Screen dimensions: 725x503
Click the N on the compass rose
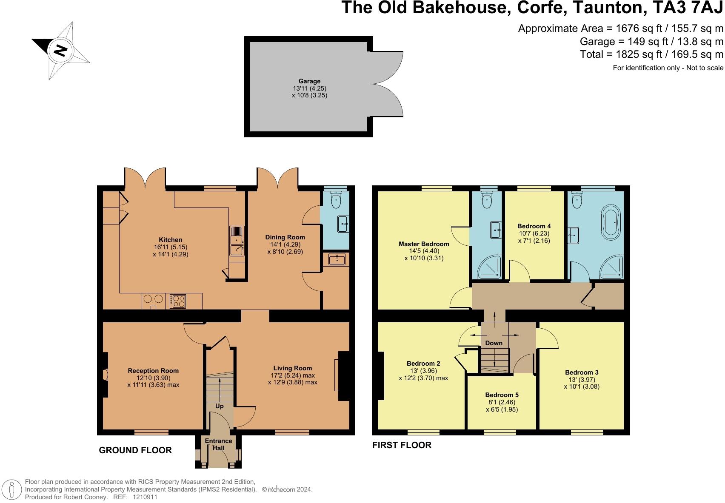(x=60, y=51)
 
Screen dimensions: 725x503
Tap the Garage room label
(x=309, y=81)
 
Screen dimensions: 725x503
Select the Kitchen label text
(x=170, y=240)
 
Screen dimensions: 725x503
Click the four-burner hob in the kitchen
(x=178, y=301)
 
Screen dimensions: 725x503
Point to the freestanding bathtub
(x=611, y=222)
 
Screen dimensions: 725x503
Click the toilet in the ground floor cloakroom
(x=336, y=199)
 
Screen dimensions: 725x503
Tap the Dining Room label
(x=285, y=237)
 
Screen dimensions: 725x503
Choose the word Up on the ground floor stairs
(x=220, y=406)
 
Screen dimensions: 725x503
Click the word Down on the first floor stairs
(x=494, y=343)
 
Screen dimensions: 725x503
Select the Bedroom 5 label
(x=502, y=395)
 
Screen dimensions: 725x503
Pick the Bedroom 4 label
(x=534, y=226)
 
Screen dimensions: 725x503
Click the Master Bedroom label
(x=424, y=244)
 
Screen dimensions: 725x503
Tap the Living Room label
(x=293, y=368)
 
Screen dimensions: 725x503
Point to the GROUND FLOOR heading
(x=135, y=450)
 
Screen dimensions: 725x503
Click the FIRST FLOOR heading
(x=402, y=445)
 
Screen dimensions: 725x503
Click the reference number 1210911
(x=145, y=497)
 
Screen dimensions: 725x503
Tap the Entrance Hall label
(x=218, y=444)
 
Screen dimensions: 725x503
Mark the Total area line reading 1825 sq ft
(x=651, y=54)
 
